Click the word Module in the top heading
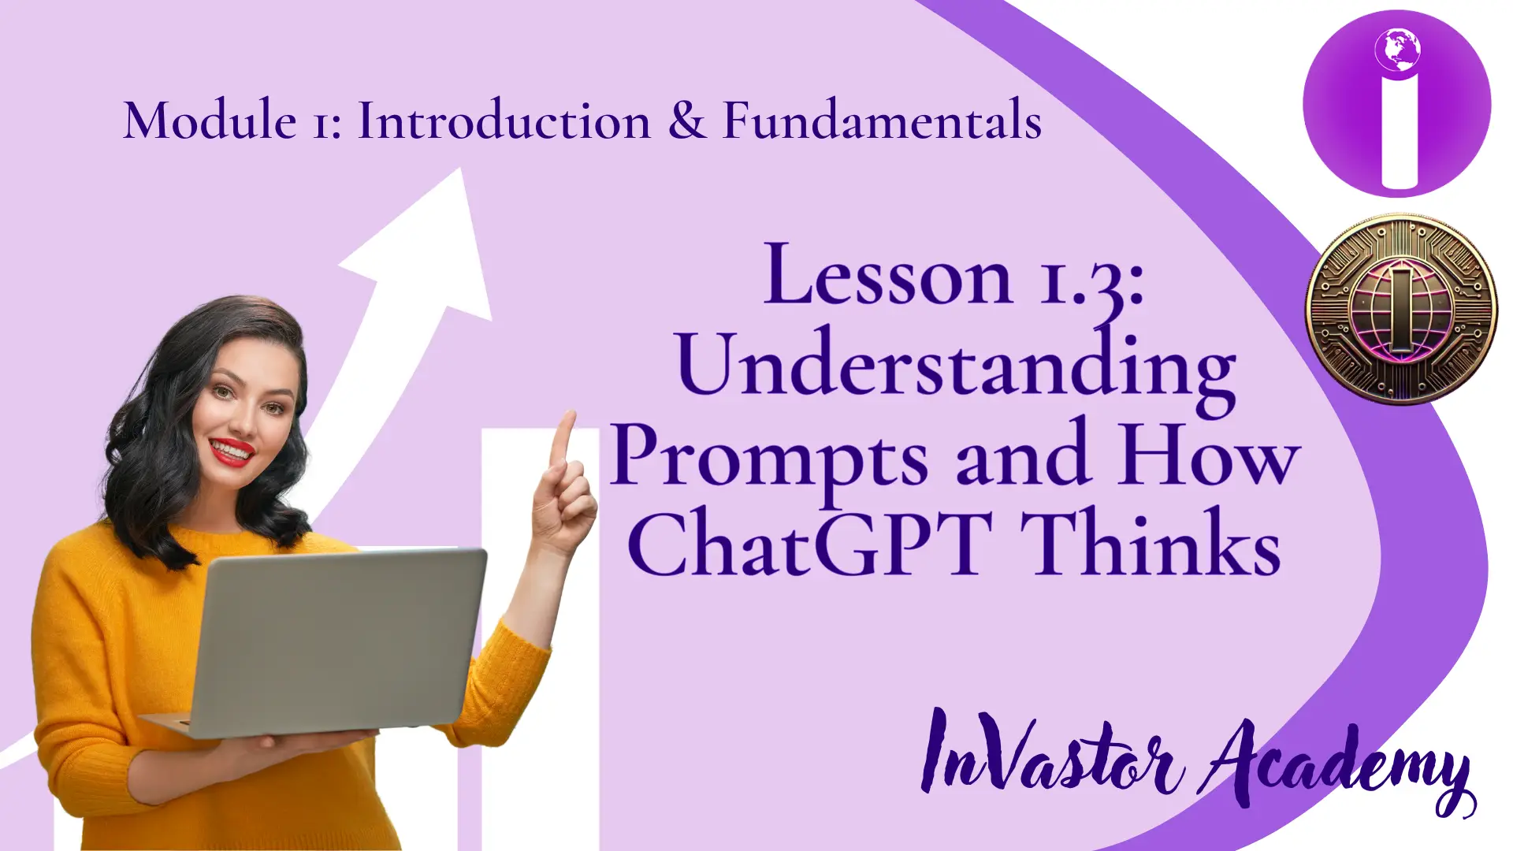pos(210,121)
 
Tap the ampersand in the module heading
pos(687,121)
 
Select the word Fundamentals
pos(883,121)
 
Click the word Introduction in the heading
pos(504,121)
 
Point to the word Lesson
pos(888,274)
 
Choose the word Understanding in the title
pos(956,368)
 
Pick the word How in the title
pos(1210,455)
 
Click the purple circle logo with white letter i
pos(1397,103)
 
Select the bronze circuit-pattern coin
pos(1401,310)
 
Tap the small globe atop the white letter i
pos(1398,50)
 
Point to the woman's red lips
pos(232,452)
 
